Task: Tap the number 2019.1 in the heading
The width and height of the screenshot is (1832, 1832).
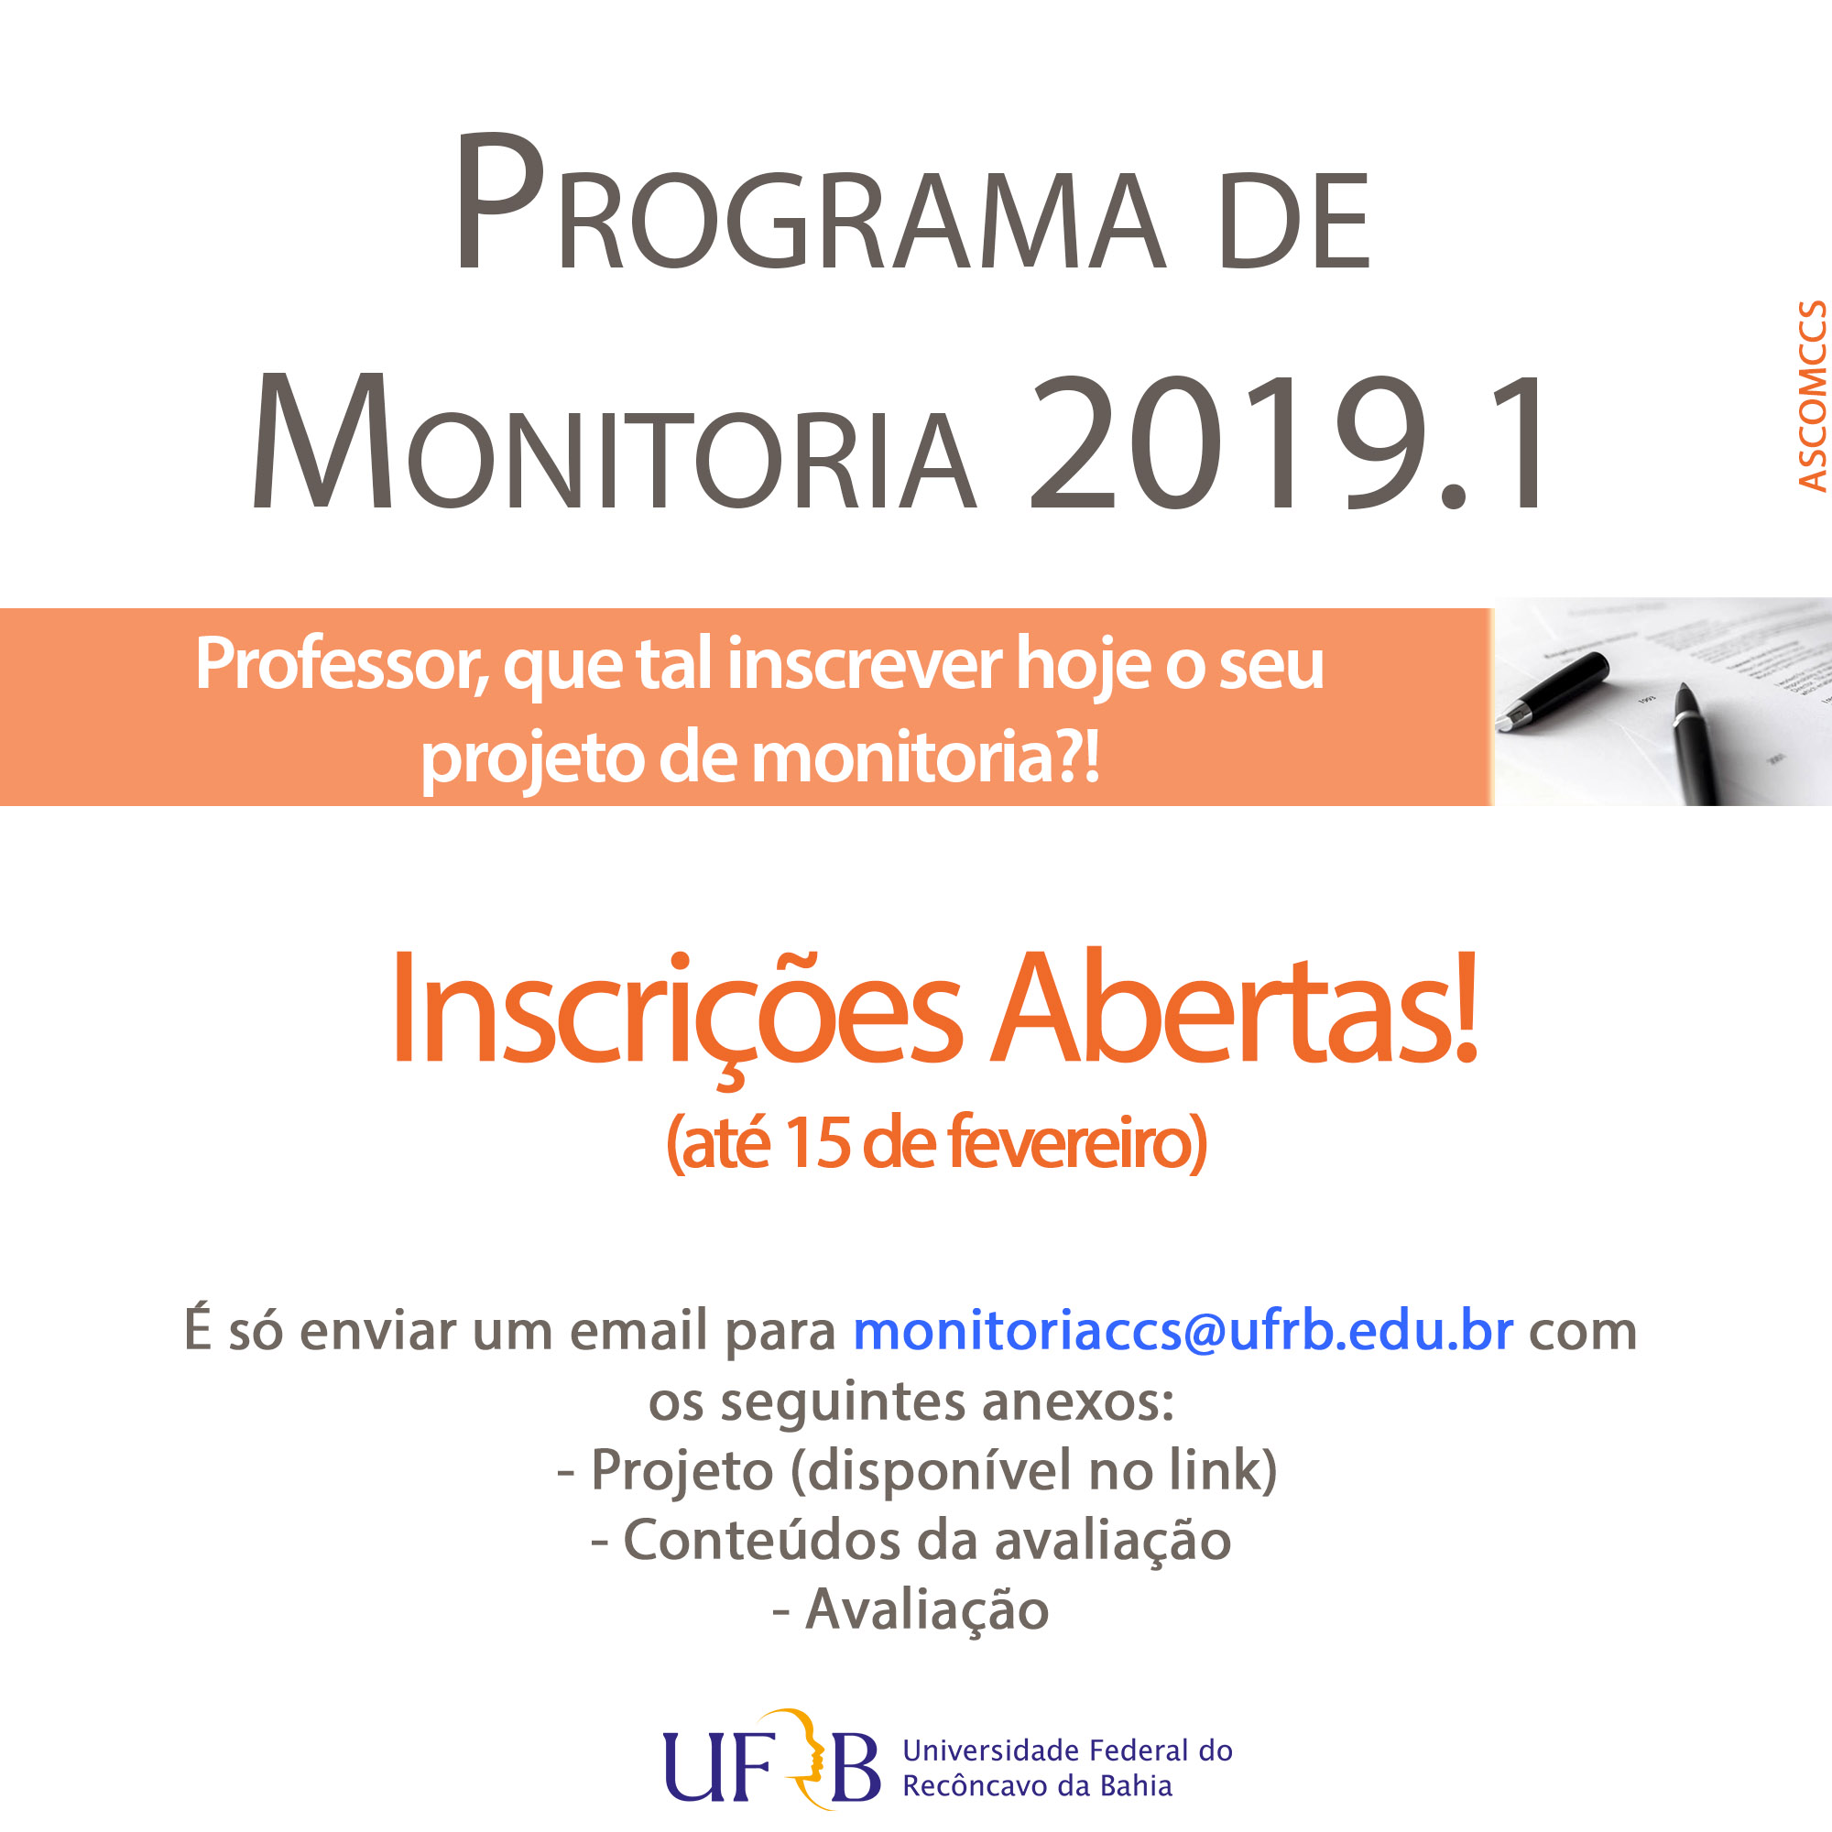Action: coord(1287,442)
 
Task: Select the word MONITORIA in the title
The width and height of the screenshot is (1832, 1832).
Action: coord(614,442)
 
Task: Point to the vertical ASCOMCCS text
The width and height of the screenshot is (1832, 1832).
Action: coord(1812,396)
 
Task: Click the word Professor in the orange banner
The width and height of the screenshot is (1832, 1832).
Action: coord(342,664)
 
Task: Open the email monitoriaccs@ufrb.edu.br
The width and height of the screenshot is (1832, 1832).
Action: coord(1183,1330)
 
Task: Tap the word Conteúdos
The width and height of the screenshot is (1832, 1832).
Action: coord(761,1540)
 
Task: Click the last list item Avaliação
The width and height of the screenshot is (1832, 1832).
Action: coord(927,1612)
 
